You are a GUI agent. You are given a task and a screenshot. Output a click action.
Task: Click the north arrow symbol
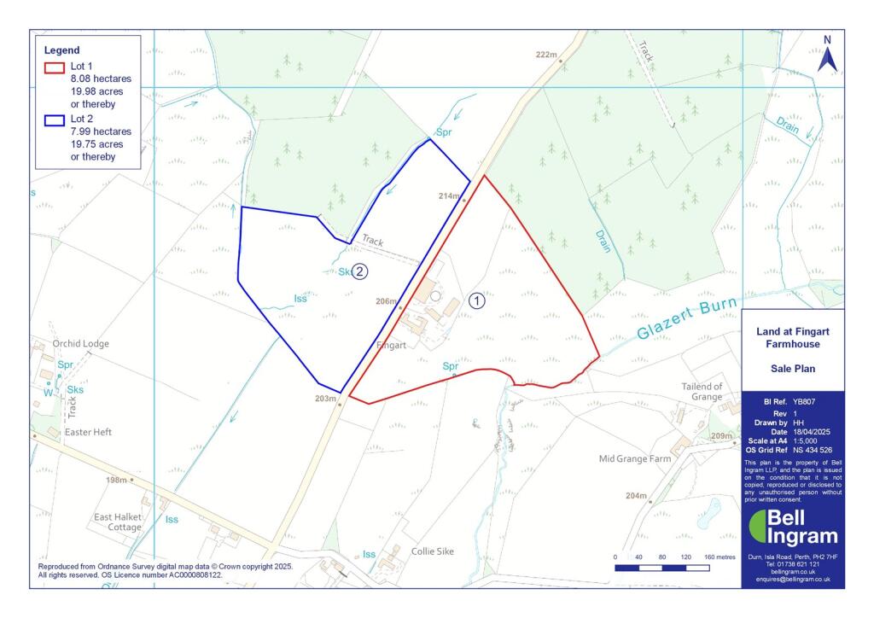(x=826, y=56)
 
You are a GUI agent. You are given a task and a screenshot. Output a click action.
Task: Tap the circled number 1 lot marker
(x=477, y=300)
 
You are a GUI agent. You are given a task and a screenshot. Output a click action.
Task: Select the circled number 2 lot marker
(x=360, y=272)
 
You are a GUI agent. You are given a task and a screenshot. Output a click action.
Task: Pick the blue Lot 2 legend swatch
(x=55, y=120)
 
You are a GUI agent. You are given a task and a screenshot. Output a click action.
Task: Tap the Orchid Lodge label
(x=81, y=344)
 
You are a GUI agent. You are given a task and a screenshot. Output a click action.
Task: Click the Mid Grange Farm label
(x=635, y=458)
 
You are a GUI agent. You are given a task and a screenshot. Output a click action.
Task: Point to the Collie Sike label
(x=433, y=551)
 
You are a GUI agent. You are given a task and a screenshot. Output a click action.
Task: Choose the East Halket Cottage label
(x=118, y=522)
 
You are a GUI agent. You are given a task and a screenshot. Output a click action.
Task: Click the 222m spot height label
(x=546, y=55)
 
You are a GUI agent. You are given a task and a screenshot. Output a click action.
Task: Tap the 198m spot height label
(x=116, y=480)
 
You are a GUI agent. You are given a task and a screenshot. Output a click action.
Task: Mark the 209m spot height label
(x=722, y=437)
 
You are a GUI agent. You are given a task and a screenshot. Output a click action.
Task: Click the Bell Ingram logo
(x=793, y=528)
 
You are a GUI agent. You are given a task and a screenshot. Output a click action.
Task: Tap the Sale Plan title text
(x=794, y=370)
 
